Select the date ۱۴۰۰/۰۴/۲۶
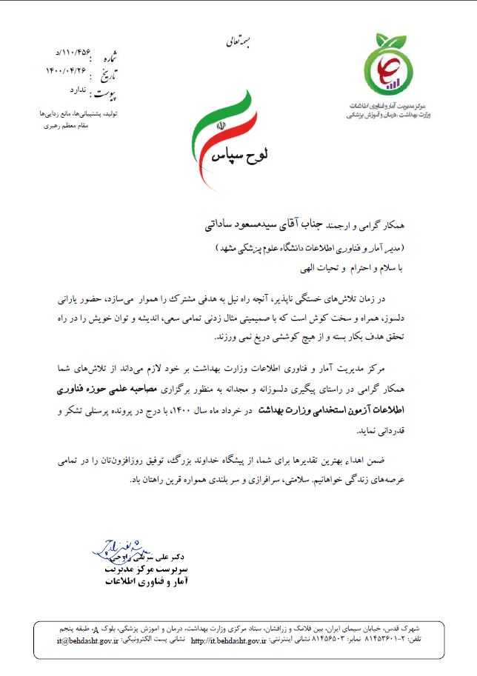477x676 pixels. pyautogui.click(x=66, y=70)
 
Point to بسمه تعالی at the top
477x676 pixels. pyautogui.click(x=238, y=42)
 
